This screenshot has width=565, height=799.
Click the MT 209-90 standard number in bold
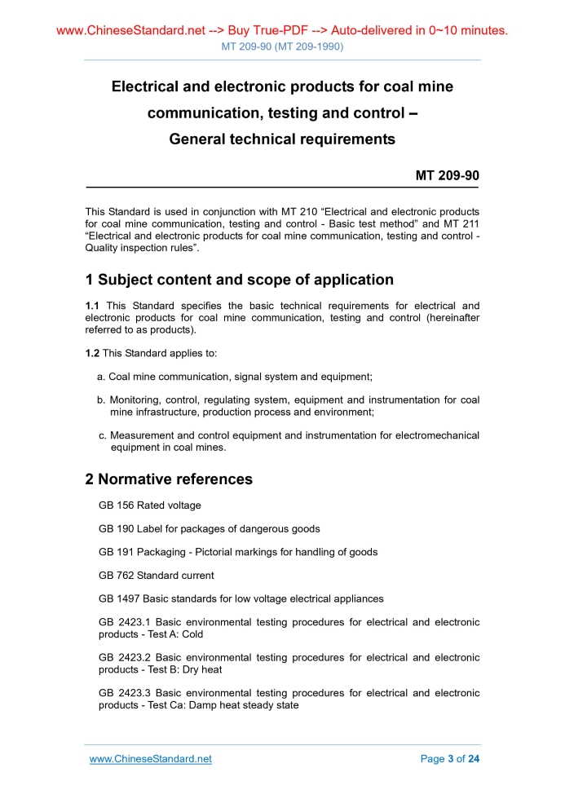click(x=447, y=175)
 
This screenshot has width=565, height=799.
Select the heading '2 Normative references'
click(x=169, y=479)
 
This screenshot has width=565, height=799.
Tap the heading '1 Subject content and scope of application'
click(x=239, y=280)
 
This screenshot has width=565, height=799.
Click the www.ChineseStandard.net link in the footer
click(x=150, y=758)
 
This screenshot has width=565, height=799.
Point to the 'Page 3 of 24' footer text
click(x=449, y=758)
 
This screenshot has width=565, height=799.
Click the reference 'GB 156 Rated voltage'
click(x=149, y=505)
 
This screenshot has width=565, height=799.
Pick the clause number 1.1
click(x=93, y=307)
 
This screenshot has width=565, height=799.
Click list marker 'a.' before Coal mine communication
click(x=102, y=377)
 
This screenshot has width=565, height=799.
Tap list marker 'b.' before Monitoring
click(x=102, y=400)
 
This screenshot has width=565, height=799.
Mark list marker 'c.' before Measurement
click(x=102, y=435)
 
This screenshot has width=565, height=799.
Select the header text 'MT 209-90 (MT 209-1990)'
click(x=282, y=46)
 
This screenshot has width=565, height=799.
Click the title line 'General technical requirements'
click(x=282, y=139)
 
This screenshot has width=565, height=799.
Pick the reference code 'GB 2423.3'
click(x=124, y=693)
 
